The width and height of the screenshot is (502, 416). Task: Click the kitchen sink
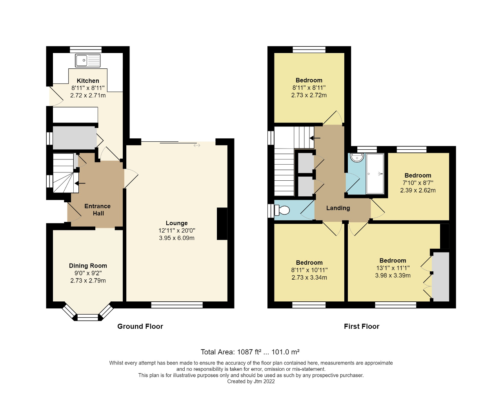tap(88, 60)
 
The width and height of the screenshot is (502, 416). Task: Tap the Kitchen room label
tap(88, 81)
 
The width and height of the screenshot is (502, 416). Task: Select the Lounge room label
tap(176, 223)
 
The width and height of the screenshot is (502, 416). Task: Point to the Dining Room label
tap(88, 266)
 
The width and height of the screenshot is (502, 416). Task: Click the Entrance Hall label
tap(98, 210)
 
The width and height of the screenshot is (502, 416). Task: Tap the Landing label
tap(338, 208)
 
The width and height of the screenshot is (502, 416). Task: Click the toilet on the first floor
tap(282, 211)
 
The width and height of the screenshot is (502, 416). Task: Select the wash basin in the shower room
tap(357, 158)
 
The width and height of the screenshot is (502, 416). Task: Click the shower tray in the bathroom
tap(375, 174)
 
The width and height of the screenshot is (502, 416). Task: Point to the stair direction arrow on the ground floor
tap(80, 183)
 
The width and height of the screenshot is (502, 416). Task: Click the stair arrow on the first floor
tap(315, 138)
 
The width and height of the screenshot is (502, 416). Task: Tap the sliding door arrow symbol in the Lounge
tap(197, 145)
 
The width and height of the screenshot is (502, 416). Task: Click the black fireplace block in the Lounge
tap(222, 224)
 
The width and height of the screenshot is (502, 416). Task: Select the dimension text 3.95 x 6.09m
tap(176, 238)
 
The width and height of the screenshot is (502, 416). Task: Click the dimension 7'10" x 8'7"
tap(418, 183)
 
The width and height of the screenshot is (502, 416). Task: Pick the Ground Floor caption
tap(140, 326)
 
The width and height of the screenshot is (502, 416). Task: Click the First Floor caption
tap(362, 326)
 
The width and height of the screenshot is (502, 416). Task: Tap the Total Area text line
tap(250, 352)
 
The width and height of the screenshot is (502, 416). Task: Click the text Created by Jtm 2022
tap(251, 381)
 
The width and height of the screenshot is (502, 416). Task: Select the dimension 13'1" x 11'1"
tap(393, 268)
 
